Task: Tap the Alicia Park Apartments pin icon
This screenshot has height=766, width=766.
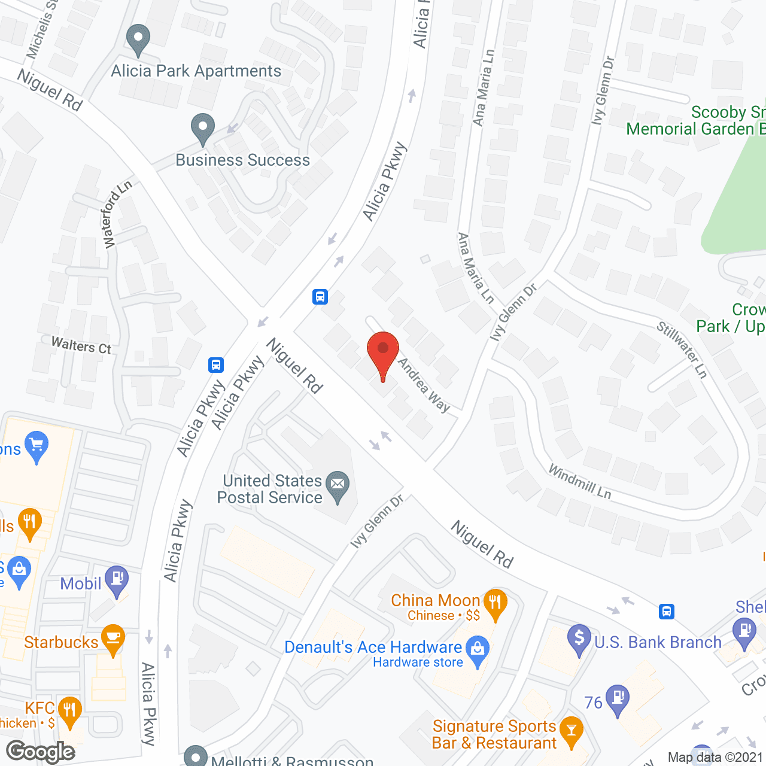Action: tap(138, 39)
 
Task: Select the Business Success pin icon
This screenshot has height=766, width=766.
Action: tap(203, 127)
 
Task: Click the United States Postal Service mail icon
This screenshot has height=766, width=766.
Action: tap(338, 486)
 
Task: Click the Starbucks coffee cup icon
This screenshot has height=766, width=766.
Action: tap(113, 638)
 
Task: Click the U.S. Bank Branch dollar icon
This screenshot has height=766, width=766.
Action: tap(579, 639)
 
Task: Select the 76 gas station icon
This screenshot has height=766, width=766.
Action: tap(618, 699)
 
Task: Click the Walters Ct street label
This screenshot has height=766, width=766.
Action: tap(81, 345)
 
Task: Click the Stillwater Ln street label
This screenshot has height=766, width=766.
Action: tap(682, 349)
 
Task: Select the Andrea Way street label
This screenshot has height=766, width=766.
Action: tap(424, 385)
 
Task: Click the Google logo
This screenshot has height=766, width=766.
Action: tap(41, 752)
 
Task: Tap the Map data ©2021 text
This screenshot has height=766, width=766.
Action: tap(715, 758)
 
